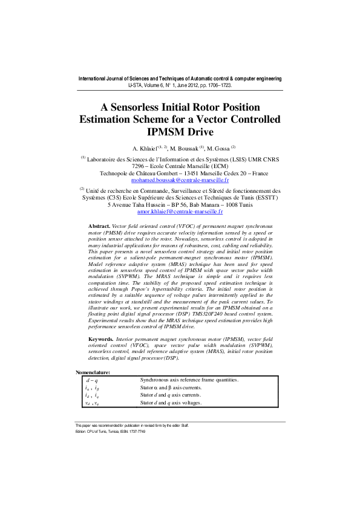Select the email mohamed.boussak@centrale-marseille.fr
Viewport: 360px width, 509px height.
[180, 180]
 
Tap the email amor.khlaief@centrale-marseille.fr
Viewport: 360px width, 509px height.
[180, 212]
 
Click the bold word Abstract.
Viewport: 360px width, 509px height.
[100, 224]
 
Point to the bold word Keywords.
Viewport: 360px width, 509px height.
[102, 340]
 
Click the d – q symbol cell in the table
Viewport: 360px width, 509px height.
[92, 380]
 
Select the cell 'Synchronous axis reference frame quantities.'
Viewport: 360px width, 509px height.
[189, 380]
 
